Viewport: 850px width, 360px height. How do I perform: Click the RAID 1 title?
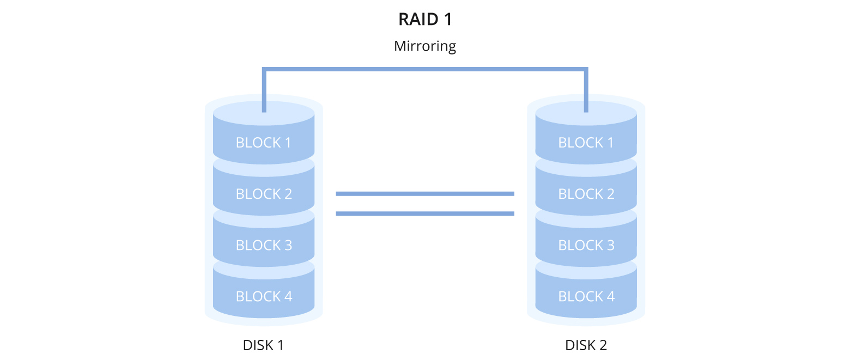[425, 19]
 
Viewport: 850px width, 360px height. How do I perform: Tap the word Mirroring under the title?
[425, 46]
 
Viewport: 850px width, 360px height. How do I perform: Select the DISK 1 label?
[263, 345]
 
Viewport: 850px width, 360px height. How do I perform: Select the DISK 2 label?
[586, 345]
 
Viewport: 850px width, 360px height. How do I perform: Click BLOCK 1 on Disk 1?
[264, 143]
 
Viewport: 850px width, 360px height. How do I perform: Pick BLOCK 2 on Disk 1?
[264, 194]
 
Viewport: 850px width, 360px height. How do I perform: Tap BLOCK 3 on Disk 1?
[264, 245]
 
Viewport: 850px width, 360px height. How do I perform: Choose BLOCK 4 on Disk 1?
[264, 296]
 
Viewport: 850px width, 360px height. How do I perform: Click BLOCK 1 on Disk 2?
[586, 143]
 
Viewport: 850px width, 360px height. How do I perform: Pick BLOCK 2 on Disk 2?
[586, 194]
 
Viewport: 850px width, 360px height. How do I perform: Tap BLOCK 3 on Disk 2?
[586, 245]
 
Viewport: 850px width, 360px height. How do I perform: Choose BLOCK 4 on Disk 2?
[586, 296]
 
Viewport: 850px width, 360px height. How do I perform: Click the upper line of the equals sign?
[425, 193]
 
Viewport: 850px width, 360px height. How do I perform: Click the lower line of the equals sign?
[425, 213]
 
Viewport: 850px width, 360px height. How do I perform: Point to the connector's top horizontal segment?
[425, 69]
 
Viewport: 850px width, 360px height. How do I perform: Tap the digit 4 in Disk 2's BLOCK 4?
[610, 296]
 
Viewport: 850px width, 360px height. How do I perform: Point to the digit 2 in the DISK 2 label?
[603, 345]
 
